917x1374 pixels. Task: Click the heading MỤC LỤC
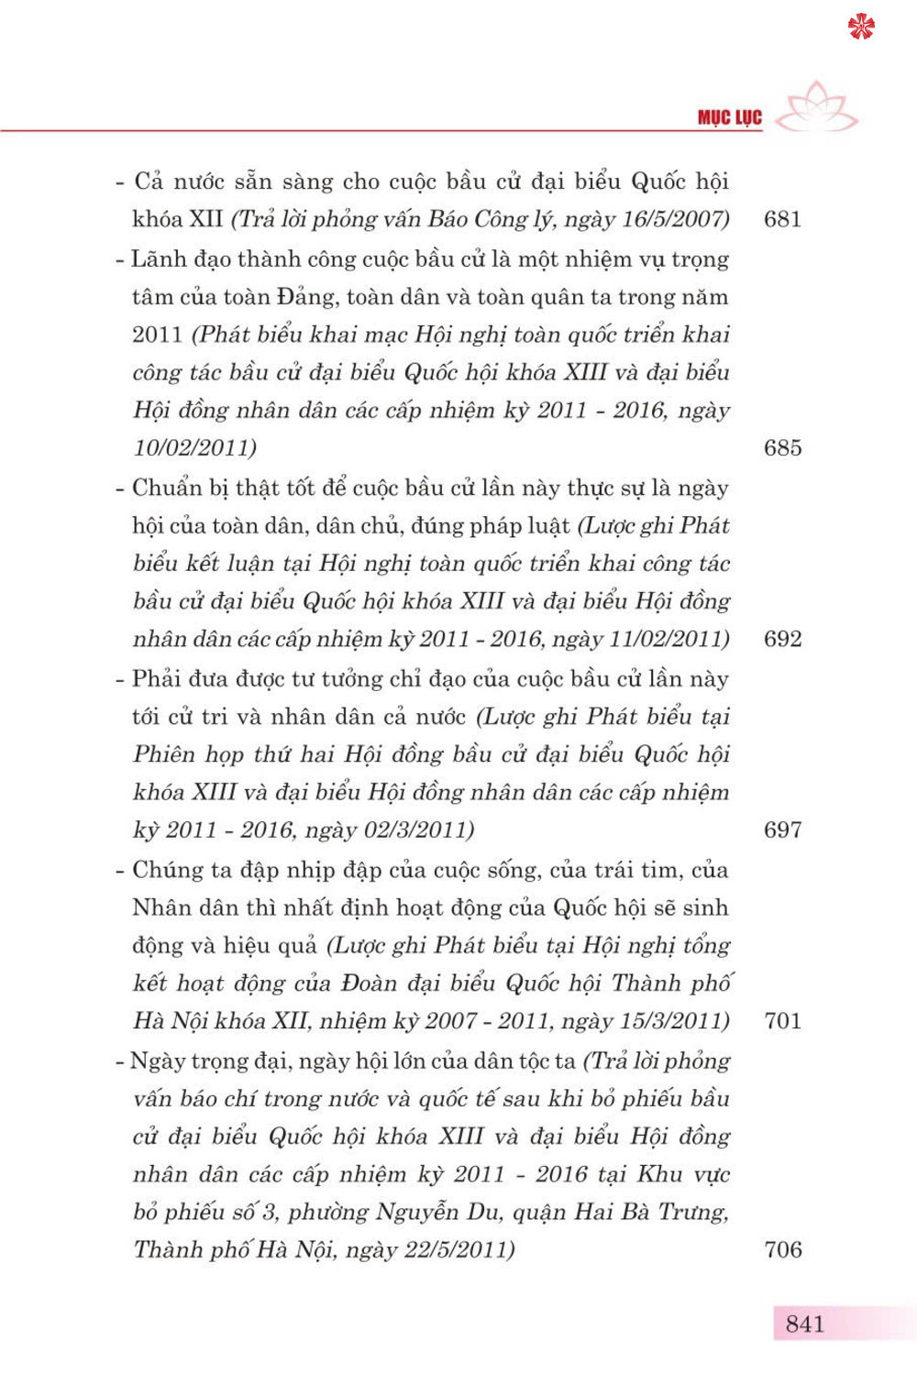(x=729, y=117)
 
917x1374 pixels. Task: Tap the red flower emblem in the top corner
(x=861, y=27)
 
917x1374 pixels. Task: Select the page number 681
(x=782, y=219)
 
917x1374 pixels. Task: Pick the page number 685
(x=782, y=448)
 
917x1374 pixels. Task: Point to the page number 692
(x=782, y=639)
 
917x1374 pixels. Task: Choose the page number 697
(x=782, y=830)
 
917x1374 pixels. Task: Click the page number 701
(x=782, y=1021)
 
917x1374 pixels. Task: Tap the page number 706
(x=782, y=1250)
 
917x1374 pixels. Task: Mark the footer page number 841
(x=804, y=1325)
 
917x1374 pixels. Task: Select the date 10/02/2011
(x=193, y=448)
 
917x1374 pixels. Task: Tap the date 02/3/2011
(x=417, y=830)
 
